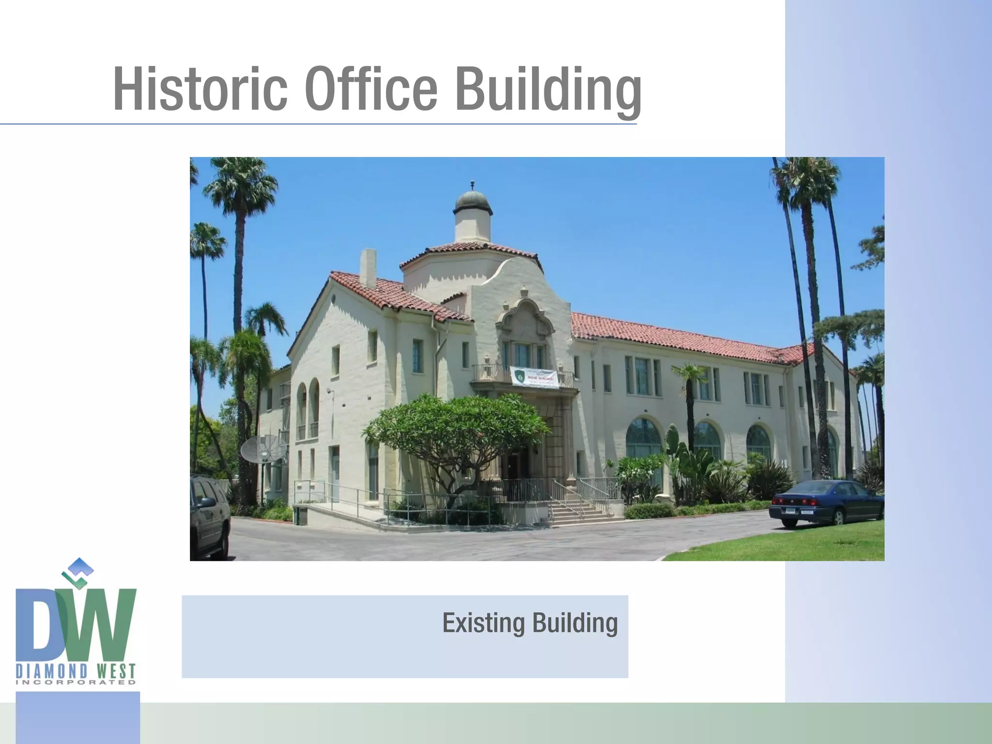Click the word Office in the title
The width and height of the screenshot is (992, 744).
coord(371,90)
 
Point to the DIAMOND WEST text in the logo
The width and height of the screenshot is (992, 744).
coord(76,671)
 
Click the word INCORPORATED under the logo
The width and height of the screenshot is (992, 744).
coord(76,682)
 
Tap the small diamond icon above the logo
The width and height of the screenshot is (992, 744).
coord(77,572)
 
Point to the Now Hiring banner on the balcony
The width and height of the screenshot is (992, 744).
coord(534,377)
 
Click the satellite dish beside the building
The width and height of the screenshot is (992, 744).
coord(263,449)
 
